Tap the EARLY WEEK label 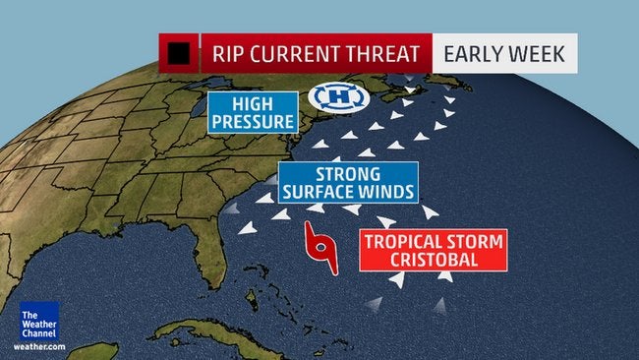click(x=504, y=53)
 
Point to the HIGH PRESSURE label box click(x=252, y=113)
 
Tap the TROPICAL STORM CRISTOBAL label click(x=433, y=250)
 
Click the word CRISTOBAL click(x=433, y=260)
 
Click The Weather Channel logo click(x=38, y=321)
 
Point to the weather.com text click(x=38, y=347)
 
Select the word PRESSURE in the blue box click(x=252, y=123)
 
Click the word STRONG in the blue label click(x=348, y=173)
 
